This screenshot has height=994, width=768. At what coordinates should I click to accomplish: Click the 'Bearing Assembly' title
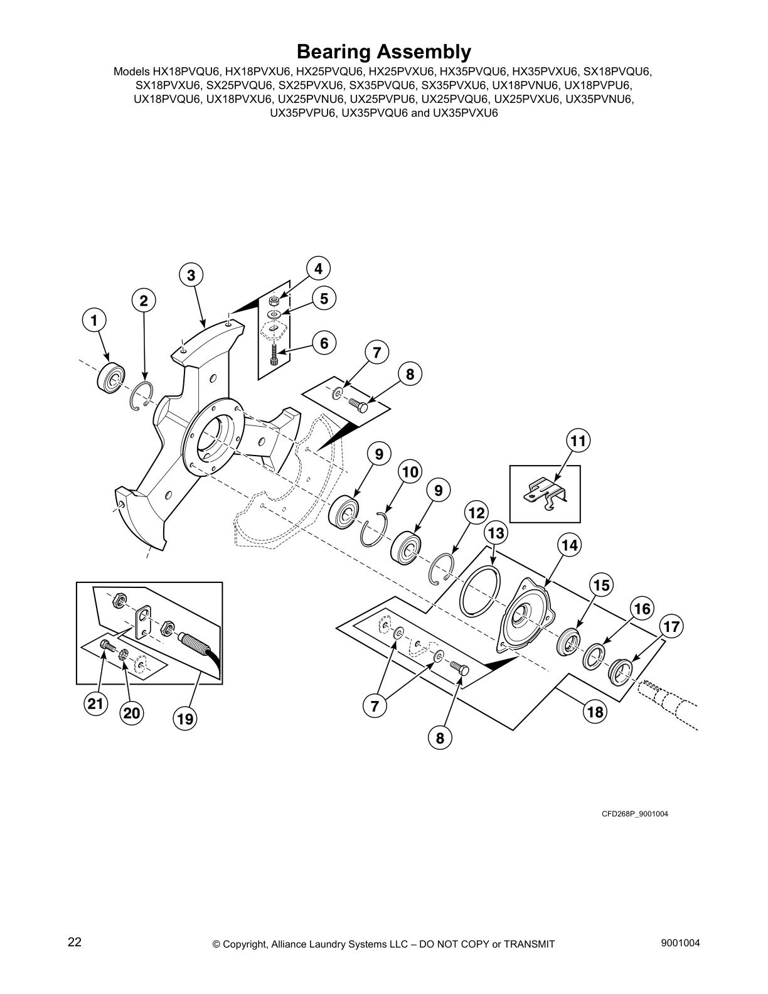pos(383,51)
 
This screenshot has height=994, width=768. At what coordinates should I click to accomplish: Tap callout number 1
pos(94,321)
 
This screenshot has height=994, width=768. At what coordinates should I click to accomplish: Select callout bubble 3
pos(191,275)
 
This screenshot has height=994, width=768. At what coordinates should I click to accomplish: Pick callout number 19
pos(185,719)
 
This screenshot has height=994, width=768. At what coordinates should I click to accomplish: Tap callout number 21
pos(95,704)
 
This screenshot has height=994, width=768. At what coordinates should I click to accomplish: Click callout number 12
pos(476,513)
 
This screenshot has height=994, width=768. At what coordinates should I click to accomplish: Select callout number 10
pos(410,471)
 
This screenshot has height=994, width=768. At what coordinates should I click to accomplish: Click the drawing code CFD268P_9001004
pos(635,814)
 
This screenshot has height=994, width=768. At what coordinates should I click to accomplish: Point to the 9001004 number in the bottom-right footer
pos(680,943)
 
